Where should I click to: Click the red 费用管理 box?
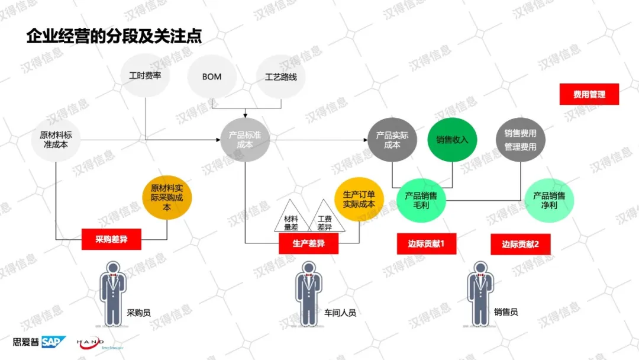tap(589, 94)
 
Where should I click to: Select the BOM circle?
tap(212, 77)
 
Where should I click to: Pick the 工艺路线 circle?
tap(281, 77)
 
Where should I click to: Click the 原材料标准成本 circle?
tap(56, 140)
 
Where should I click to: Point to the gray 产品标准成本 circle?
tap(245, 140)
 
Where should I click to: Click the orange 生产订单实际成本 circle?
tap(359, 198)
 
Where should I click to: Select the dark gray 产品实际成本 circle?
tap(392, 140)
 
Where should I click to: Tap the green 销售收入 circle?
tap(452, 140)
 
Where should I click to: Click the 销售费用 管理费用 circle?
tap(520, 140)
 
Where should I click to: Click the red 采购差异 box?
tap(111, 239)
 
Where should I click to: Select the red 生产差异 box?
tap(308, 243)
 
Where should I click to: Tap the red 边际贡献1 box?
tap(426, 243)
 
